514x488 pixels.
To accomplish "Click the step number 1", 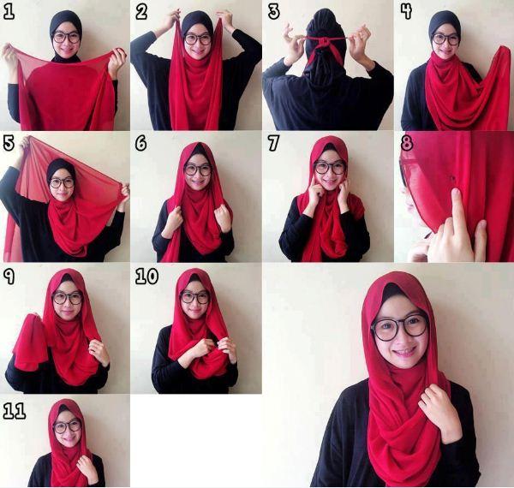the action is click(x=9, y=13).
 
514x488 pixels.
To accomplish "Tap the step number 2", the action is click(x=141, y=13).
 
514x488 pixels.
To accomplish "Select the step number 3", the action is click(x=274, y=12).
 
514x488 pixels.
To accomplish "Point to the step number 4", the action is click(x=406, y=12).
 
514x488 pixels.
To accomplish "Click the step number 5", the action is click(x=9, y=143).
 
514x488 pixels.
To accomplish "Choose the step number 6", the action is click(x=141, y=143).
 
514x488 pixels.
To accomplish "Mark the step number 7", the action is click(x=273, y=143).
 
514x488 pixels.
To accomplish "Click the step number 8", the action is click(x=407, y=143).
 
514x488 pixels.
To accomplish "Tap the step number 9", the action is click(x=9, y=276).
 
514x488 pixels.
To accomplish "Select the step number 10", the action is click(x=146, y=276).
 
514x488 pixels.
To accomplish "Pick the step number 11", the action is click(x=15, y=411).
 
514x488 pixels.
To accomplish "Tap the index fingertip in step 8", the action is click(x=455, y=193).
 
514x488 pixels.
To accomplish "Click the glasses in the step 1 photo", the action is click(x=66, y=38).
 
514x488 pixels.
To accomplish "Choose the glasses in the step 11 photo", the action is click(x=67, y=426).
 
